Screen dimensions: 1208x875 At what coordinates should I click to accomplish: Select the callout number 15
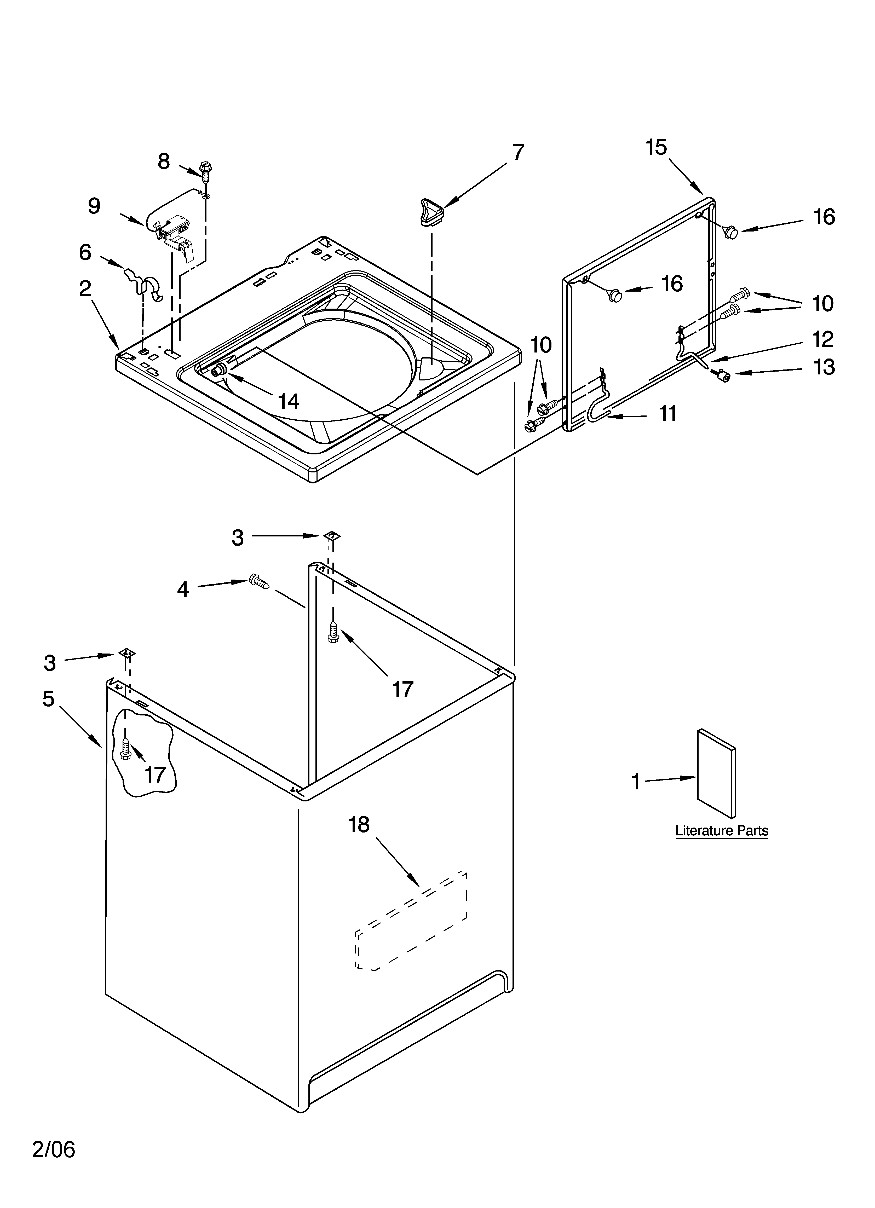pyautogui.click(x=657, y=147)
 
